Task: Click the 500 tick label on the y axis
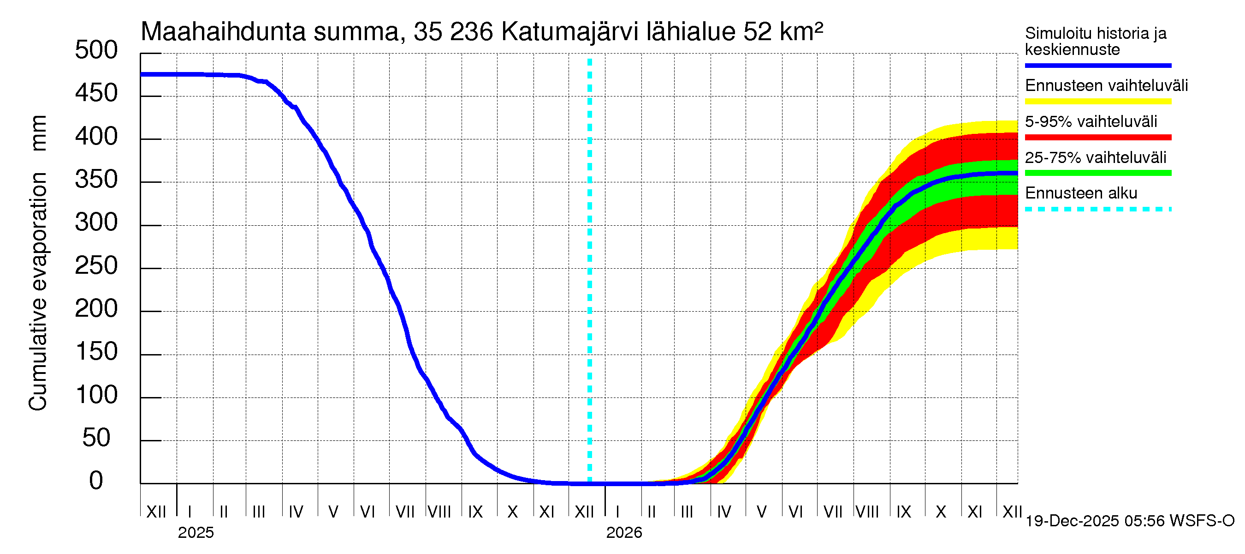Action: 96,50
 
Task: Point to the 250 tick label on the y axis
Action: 96,265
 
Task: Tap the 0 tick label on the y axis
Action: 96,481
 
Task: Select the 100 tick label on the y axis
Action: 96,395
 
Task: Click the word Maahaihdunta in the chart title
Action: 223,32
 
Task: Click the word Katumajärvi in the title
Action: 569,32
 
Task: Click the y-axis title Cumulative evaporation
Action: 38,290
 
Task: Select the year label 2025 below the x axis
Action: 196,533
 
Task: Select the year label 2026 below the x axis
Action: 624,533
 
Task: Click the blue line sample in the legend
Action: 1097,65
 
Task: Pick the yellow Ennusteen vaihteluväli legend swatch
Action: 1097,102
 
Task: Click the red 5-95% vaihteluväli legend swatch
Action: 1097,138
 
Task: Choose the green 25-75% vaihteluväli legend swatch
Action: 1097,173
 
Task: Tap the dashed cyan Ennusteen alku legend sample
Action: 1097,210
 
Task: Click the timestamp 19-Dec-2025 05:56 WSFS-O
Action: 1129,521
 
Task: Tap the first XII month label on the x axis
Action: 156,512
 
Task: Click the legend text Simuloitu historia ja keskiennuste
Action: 1095,41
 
